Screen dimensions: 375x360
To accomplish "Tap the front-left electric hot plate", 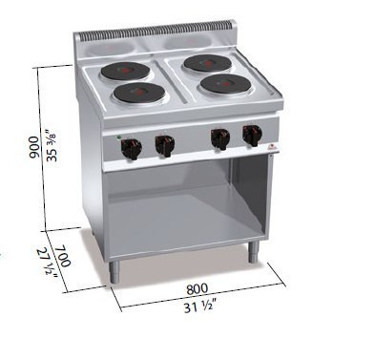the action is click(x=139, y=93).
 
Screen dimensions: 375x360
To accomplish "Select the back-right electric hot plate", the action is click(x=208, y=63).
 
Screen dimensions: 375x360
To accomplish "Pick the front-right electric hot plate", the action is click(x=226, y=83).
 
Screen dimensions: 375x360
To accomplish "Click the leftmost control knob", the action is click(x=131, y=147).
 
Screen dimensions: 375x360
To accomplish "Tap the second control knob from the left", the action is click(x=164, y=144).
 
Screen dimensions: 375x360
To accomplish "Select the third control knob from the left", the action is click(x=220, y=138).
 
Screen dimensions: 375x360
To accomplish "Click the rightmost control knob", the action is click(x=252, y=135).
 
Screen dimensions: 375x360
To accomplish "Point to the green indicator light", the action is click(x=118, y=138).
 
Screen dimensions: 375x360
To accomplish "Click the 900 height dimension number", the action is click(x=33, y=148).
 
